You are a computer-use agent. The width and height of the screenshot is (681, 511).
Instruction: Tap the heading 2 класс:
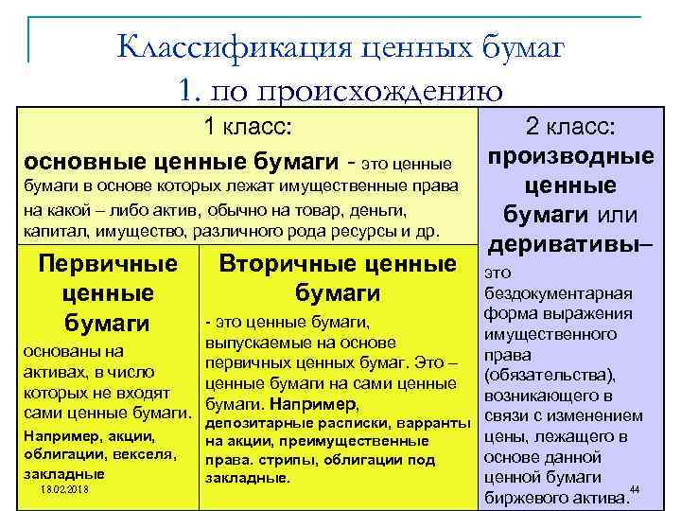pyautogui.click(x=570, y=127)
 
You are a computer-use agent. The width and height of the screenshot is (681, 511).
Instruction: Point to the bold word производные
pyautogui.click(x=570, y=155)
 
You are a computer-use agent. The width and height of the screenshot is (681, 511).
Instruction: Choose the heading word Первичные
pyautogui.click(x=107, y=264)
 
